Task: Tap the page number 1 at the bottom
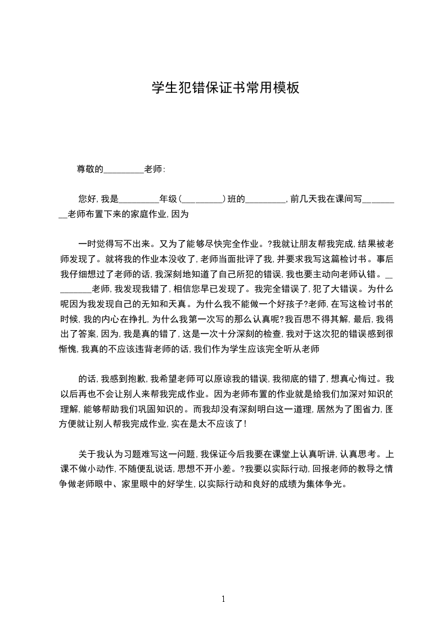(223, 599)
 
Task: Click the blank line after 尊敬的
(124, 168)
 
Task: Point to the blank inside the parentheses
(202, 199)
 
